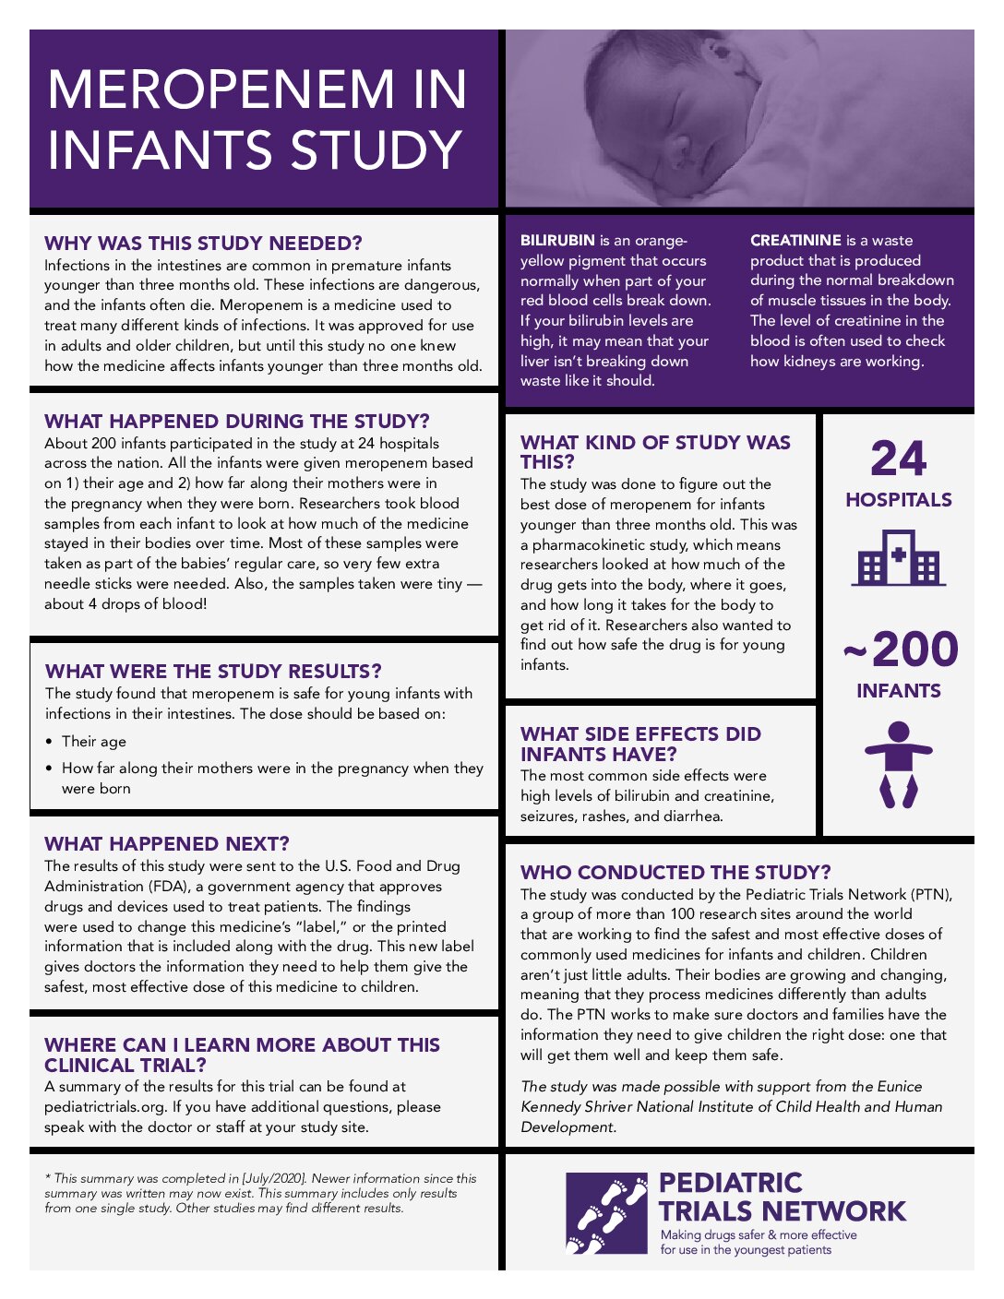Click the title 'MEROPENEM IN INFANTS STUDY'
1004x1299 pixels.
tap(256, 119)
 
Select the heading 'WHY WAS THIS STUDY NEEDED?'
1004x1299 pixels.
tap(203, 244)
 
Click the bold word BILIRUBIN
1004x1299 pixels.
tap(557, 241)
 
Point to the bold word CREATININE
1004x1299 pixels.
tap(795, 241)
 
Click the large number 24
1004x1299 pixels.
tap(898, 459)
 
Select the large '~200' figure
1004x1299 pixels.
tap(901, 649)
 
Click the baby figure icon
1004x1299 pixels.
tap(898, 765)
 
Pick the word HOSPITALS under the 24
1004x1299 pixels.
tap(898, 500)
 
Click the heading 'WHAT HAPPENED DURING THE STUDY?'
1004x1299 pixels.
tap(237, 422)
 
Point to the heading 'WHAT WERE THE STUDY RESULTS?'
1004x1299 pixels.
tap(213, 672)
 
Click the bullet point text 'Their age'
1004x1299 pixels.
tap(94, 742)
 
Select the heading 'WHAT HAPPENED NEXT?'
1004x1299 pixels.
tap(167, 844)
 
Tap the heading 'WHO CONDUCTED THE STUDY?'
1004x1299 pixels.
tap(675, 873)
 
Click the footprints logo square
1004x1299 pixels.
tap(606, 1213)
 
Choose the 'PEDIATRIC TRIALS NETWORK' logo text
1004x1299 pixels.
tap(782, 1197)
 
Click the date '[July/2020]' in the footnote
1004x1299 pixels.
tap(274, 1179)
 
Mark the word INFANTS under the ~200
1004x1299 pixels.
tap(898, 691)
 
